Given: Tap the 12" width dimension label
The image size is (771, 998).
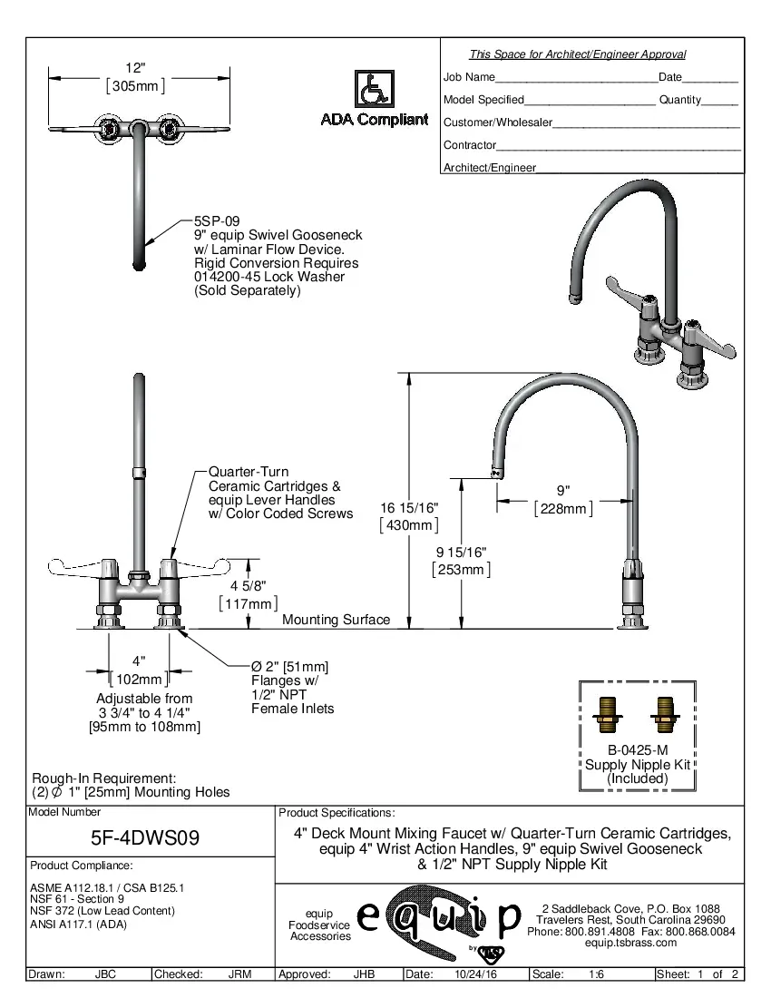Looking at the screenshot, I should pyautogui.click(x=135, y=69).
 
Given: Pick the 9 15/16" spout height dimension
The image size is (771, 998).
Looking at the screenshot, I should pyautogui.click(x=461, y=553).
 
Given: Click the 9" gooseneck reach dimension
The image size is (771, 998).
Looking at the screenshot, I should pyautogui.click(x=563, y=492).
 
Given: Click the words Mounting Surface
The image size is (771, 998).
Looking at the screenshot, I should pyautogui.click(x=336, y=620).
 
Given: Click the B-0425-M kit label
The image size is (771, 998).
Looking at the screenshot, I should pyautogui.click(x=638, y=750).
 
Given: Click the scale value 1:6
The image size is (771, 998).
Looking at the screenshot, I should pyautogui.click(x=596, y=974).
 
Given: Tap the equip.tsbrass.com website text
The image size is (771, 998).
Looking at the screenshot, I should pyautogui.click(x=630, y=943).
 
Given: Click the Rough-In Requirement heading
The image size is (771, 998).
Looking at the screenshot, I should pyautogui.click(x=103, y=778).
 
